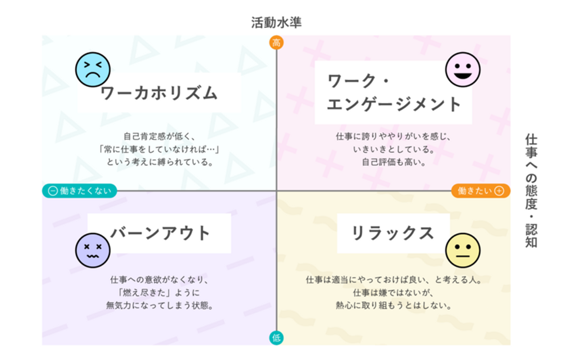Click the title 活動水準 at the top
[x=276, y=23]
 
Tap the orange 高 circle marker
[x=276, y=42]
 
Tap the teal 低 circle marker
[x=276, y=338]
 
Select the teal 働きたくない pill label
[x=79, y=191]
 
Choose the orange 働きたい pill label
[x=481, y=191]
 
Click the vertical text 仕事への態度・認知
[x=531, y=191]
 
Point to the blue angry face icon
[x=93, y=69]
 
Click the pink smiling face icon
[x=463, y=69]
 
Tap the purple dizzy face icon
[x=93, y=250]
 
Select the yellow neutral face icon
[x=463, y=250]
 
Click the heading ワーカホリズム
[x=159, y=93]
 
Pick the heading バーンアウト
[x=160, y=233]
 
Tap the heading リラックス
[x=393, y=233]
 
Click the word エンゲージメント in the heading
[x=394, y=104]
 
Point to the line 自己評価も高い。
[x=394, y=162]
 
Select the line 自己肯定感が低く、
[x=159, y=136]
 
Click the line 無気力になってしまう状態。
[x=159, y=306]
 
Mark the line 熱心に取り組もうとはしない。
[x=394, y=306]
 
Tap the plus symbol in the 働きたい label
[x=499, y=191]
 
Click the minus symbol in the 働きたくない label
[x=52, y=191]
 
